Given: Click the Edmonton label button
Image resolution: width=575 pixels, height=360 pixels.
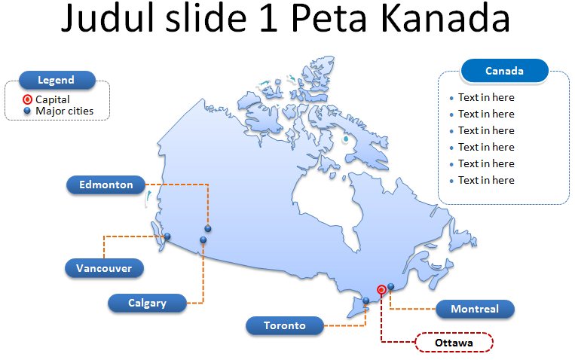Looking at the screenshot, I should tap(106, 185).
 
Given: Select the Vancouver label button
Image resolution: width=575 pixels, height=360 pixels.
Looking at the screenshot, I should tap(104, 267).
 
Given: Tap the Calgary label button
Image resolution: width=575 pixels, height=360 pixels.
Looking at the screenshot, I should tap(147, 303).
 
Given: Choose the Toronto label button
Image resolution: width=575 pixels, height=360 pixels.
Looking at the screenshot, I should tap(285, 325).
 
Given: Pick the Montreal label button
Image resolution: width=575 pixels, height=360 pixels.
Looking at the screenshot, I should tap(475, 309).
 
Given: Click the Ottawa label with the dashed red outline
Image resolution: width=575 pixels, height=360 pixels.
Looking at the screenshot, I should tap(454, 343).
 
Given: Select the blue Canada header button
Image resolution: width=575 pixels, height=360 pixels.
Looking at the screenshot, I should tap(504, 72).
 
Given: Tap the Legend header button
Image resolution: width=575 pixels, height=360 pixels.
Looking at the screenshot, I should tap(57, 80).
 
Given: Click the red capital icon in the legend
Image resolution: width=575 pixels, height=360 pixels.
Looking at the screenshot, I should tap(27, 99).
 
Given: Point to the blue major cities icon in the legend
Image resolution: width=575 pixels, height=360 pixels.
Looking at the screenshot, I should tap(27, 111).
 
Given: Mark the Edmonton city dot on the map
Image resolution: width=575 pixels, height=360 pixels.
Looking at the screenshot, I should tap(208, 228).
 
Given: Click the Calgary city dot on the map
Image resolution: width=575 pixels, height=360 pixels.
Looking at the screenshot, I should tap(203, 240).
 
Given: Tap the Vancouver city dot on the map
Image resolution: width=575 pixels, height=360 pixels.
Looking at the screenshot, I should tap(167, 236).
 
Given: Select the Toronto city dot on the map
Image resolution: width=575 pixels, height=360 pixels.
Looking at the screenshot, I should tap(366, 301).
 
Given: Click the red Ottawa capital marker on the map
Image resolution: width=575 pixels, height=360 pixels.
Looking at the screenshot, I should tap(381, 289).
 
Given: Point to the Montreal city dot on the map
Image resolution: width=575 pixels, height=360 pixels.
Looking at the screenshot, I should tap(391, 286).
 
